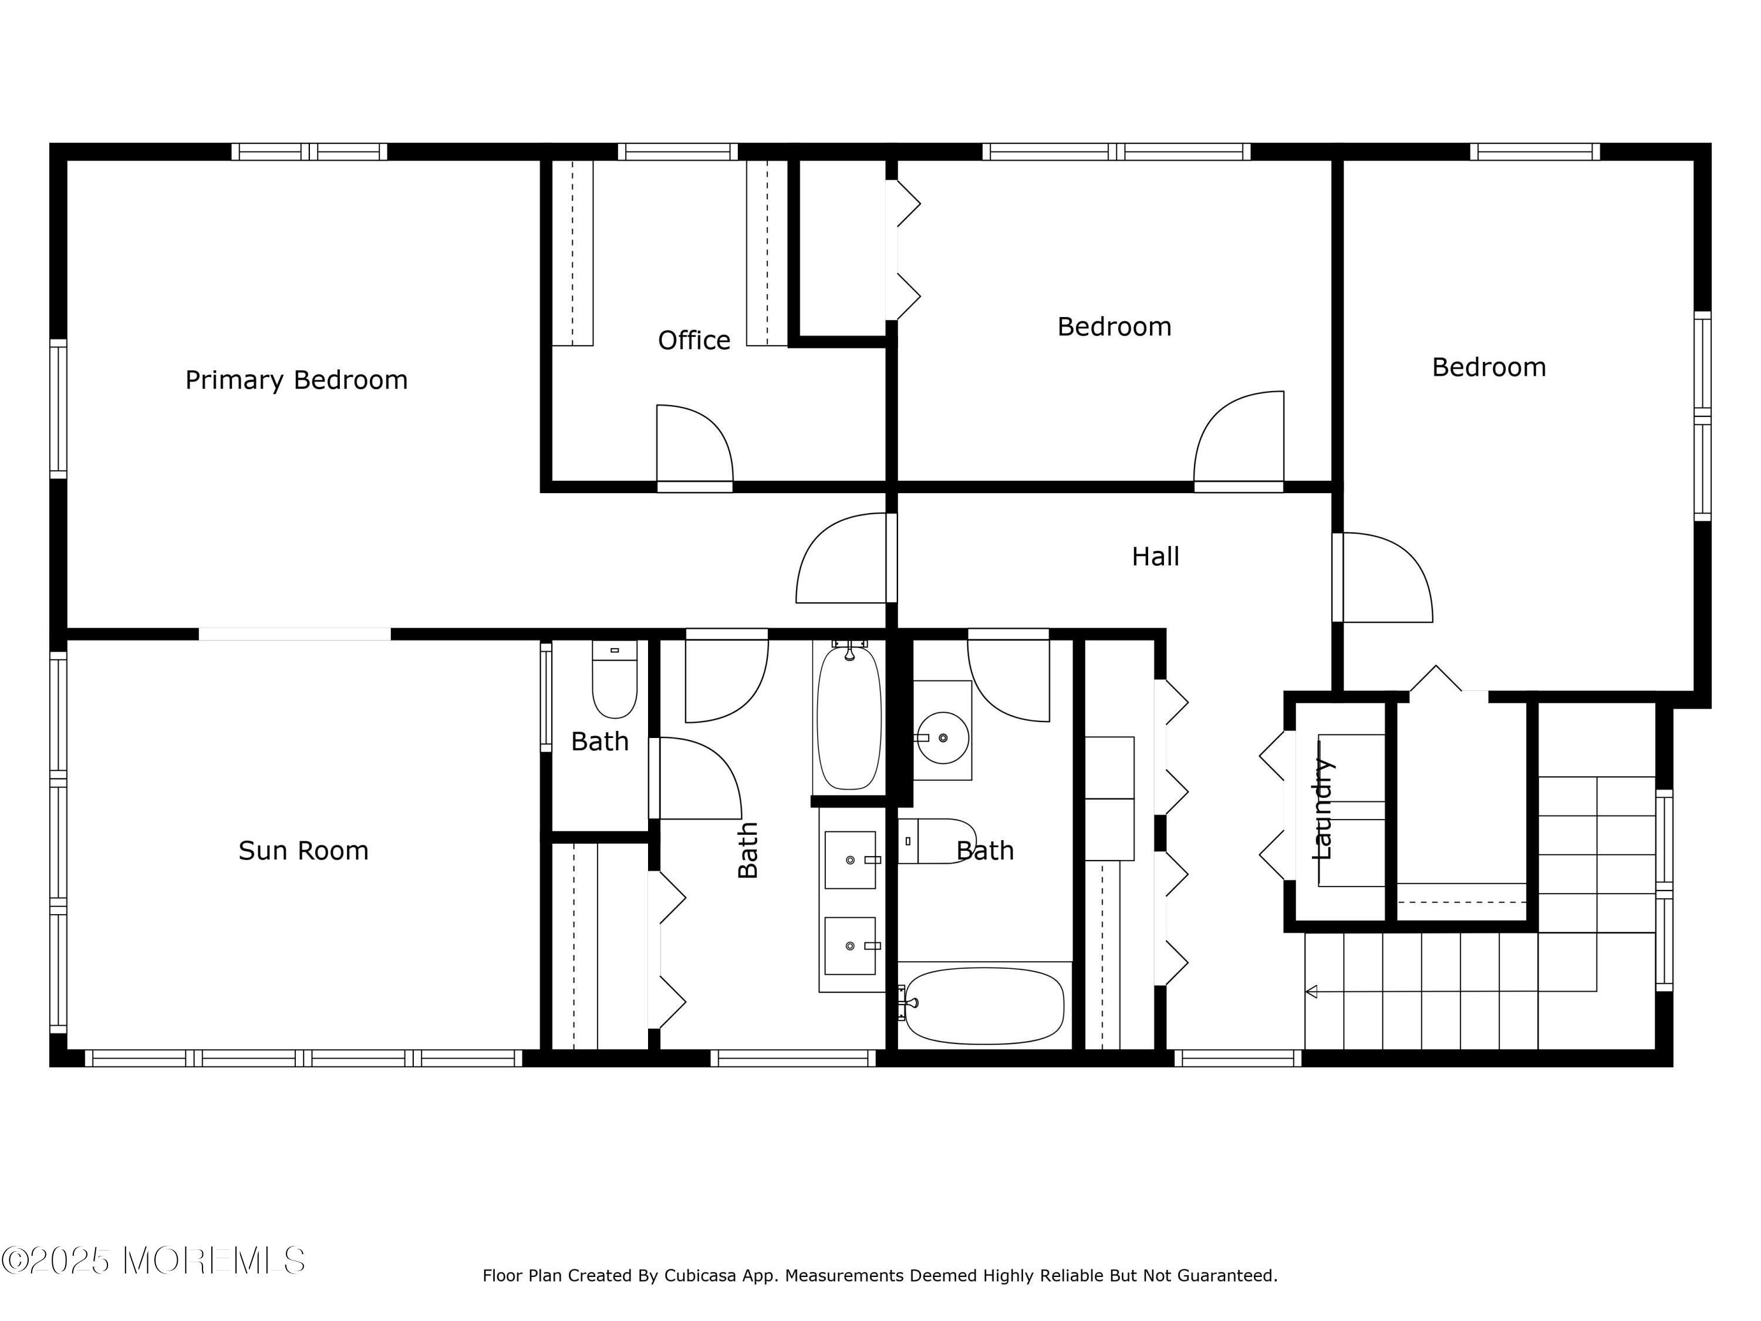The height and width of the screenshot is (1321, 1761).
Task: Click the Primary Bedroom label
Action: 296,380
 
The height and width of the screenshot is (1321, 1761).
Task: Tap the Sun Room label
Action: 303,850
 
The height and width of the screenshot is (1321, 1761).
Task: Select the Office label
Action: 693,341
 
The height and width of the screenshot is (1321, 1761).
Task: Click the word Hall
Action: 1155,556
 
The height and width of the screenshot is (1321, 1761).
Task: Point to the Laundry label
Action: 1321,808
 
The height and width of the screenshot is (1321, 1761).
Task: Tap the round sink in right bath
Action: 943,737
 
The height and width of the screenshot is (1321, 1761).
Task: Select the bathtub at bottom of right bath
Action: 985,1006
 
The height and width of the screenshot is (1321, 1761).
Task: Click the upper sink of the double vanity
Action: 850,860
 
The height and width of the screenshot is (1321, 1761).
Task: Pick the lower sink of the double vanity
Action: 850,945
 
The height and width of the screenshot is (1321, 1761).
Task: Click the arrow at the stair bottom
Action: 1311,992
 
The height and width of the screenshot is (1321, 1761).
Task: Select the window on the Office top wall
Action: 677,151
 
